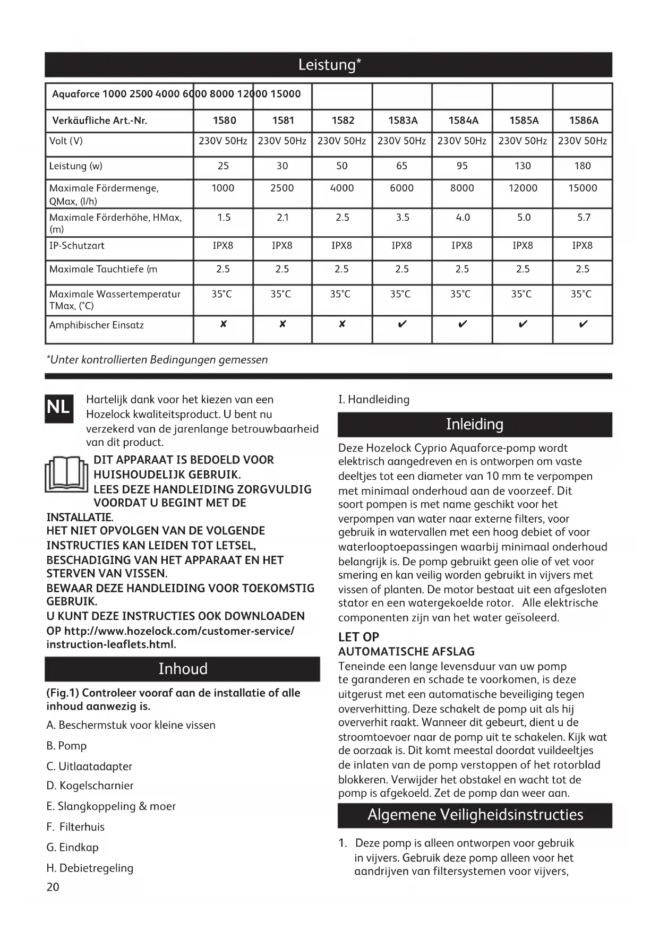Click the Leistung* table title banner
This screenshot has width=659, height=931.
point(329,65)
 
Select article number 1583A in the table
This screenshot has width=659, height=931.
point(403,120)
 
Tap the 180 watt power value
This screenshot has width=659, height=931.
point(583,166)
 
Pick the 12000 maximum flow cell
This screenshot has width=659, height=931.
point(523,188)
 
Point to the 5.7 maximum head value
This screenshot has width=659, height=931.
point(583,217)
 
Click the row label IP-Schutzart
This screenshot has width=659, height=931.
point(77,246)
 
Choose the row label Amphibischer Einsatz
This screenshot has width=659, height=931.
point(97,325)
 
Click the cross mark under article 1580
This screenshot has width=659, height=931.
point(223,324)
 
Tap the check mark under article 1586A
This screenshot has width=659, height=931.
point(583,324)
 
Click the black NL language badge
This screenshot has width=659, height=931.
point(58,408)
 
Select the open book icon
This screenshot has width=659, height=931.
point(66,474)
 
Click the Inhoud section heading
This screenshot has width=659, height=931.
point(183,669)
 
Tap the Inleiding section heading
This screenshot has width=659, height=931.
point(475,425)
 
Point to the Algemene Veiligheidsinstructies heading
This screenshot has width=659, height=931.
point(475,815)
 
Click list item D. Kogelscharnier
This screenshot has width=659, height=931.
point(90,786)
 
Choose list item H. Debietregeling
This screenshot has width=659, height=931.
point(90,868)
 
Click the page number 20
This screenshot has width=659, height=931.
point(53,887)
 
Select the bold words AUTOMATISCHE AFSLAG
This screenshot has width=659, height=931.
point(406,651)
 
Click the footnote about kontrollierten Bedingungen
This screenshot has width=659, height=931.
point(158,360)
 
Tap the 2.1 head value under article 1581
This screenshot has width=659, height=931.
point(283,217)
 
